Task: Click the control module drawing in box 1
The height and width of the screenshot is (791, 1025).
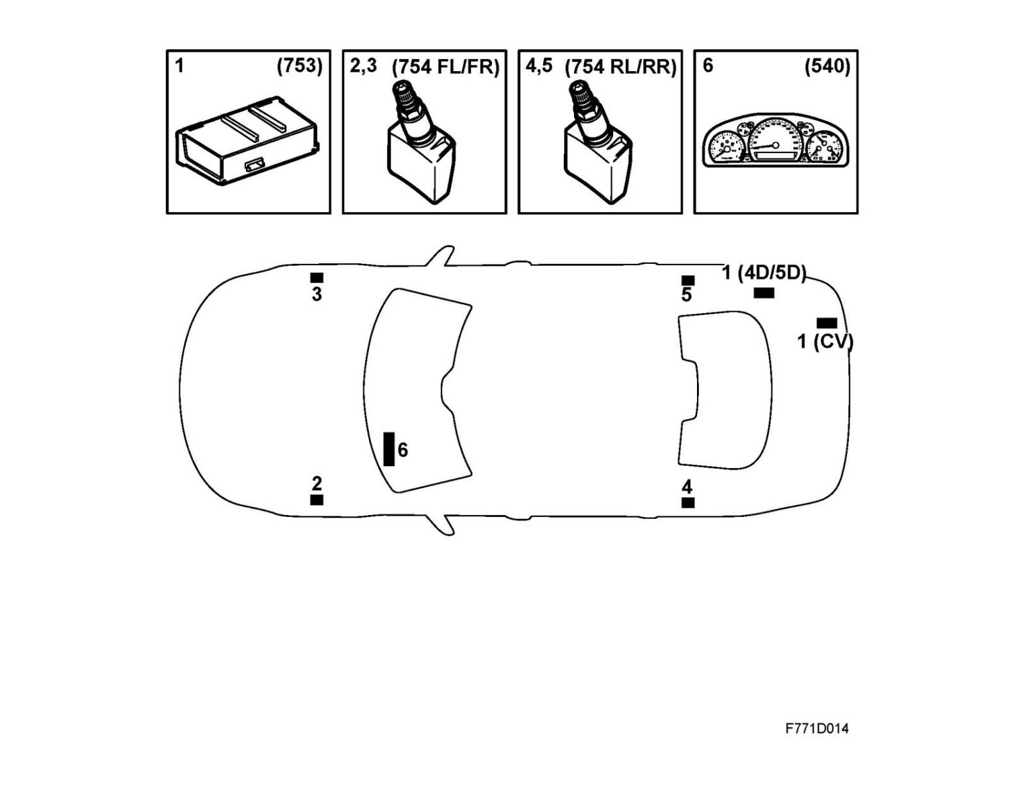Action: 248,142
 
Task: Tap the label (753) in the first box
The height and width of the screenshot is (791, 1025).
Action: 299,66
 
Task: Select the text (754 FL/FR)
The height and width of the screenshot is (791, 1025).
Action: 445,67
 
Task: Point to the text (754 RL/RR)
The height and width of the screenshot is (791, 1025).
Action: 620,67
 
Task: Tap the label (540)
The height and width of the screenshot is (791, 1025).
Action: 827,66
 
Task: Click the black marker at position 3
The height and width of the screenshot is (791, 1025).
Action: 316,278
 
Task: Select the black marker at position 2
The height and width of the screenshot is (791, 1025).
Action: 316,500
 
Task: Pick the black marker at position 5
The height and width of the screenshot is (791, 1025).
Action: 687,281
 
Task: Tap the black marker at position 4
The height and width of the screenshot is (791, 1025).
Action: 687,503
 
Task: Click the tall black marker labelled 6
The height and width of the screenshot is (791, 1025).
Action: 389,449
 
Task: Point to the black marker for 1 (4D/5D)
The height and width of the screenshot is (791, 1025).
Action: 764,293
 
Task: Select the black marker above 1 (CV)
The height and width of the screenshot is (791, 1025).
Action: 826,323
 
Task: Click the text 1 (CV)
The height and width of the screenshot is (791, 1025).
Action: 825,341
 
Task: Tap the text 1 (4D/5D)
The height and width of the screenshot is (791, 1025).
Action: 764,273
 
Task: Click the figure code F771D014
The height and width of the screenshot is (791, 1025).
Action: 817,729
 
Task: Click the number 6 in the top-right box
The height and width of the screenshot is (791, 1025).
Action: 708,65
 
